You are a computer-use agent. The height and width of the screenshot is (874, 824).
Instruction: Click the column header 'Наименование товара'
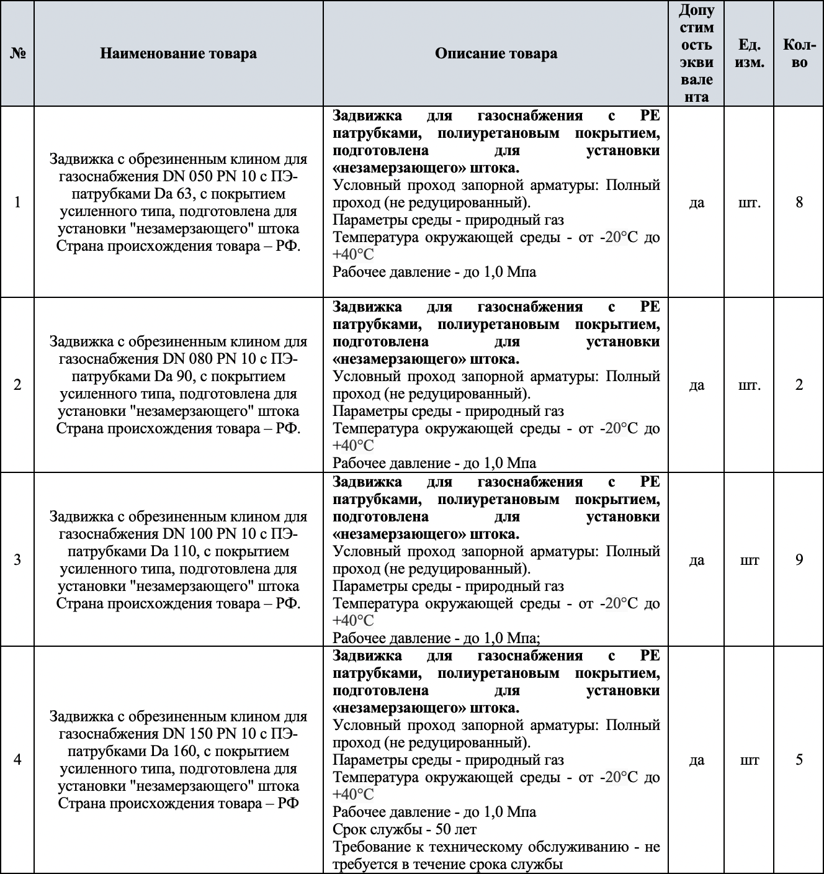click(178, 53)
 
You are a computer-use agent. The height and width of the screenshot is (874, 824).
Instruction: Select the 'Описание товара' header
click(496, 53)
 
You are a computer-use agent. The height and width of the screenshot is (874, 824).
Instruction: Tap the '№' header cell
click(17, 53)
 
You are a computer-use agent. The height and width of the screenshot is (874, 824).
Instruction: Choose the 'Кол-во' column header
click(799, 53)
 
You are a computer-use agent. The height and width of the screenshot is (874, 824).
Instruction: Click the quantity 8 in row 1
click(799, 202)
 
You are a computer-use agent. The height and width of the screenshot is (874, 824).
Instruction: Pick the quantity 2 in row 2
click(799, 385)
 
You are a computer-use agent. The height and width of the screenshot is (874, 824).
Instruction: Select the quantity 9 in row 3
click(799, 560)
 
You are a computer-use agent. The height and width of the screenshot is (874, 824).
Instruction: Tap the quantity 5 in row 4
click(799, 760)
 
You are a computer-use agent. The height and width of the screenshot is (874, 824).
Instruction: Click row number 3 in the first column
click(17, 560)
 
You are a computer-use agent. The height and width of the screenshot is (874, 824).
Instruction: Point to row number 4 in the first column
click(17, 760)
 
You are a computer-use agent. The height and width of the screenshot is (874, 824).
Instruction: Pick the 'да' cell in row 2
click(696, 385)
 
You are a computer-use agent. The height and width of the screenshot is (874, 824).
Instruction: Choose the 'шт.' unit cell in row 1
click(750, 202)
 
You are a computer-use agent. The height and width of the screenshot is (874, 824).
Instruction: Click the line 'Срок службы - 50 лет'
click(405, 829)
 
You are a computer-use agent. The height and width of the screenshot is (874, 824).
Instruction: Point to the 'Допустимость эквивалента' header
click(696, 53)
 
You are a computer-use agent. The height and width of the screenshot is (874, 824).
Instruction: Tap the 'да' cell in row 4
click(696, 760)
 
